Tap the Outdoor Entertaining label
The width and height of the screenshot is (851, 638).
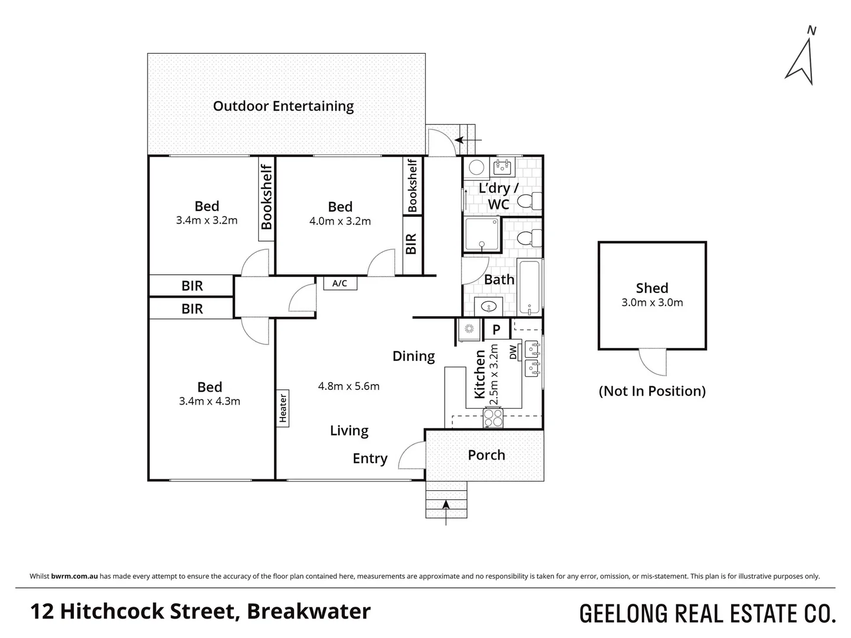283,106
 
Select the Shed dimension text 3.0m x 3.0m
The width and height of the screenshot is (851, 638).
652,302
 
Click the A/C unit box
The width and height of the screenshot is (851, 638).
340,284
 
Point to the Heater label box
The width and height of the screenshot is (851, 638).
283,408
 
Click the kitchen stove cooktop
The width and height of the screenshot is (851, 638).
493,418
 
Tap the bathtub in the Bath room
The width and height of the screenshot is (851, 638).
529,287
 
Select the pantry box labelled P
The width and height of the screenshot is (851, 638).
496,330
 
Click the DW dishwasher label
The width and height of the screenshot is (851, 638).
513,351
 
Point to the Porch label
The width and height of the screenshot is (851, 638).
486,455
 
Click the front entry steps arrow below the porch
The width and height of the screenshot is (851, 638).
446,505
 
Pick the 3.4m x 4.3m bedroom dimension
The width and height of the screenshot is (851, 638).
209,401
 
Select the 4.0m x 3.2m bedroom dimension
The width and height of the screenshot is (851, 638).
340,222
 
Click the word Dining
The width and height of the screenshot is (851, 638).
413,356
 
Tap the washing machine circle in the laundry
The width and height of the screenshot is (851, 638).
476,168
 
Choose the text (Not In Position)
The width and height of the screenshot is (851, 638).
652,391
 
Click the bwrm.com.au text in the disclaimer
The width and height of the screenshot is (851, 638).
74,576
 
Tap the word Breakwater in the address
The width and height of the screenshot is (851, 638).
309,611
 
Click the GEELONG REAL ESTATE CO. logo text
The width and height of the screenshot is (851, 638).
707,614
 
